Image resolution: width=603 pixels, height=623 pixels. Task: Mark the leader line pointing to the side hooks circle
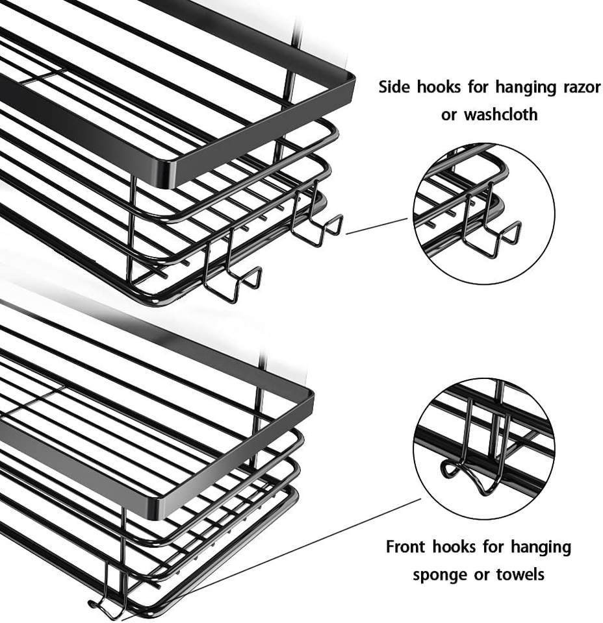[x=377, y=226]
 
